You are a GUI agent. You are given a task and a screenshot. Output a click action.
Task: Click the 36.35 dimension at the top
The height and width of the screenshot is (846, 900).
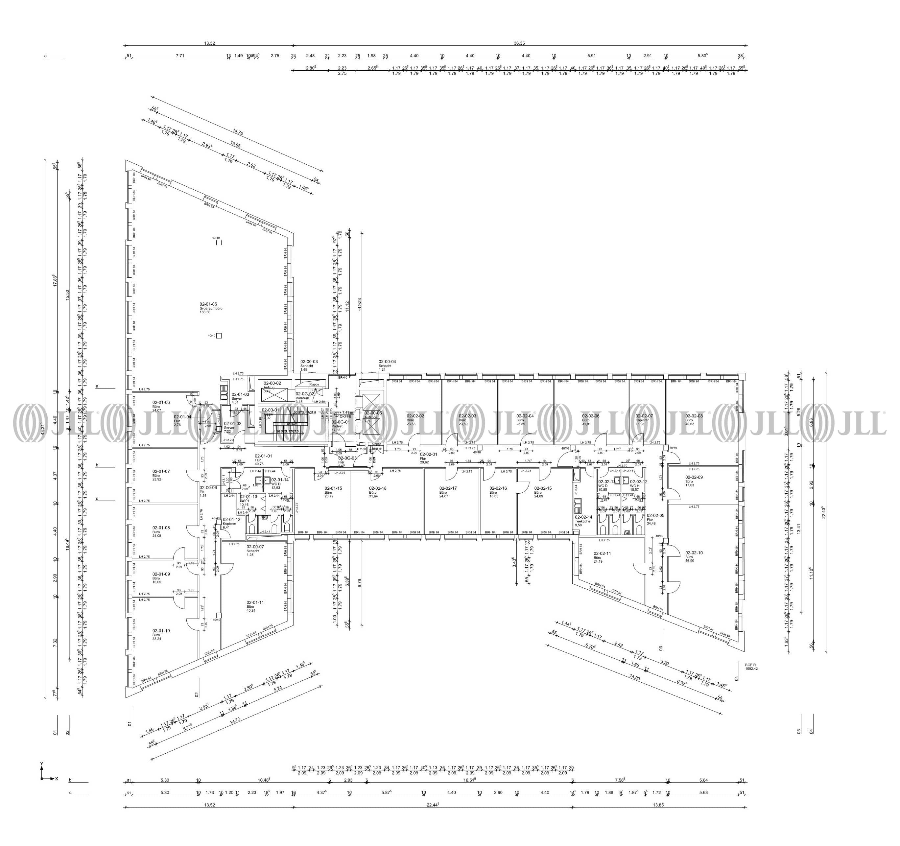click(x=519, y=43)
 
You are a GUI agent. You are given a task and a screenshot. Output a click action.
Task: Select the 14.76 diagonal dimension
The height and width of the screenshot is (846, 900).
click(x=238, y=133)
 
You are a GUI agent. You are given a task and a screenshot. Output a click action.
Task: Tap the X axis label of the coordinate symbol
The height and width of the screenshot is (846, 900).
click(x=57, y=779)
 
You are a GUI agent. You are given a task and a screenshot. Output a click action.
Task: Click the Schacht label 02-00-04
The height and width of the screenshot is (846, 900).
click(x=387, y=365)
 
